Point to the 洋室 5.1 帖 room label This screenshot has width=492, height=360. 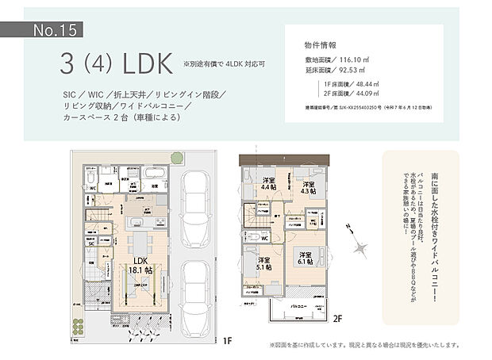coord(264,263)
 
